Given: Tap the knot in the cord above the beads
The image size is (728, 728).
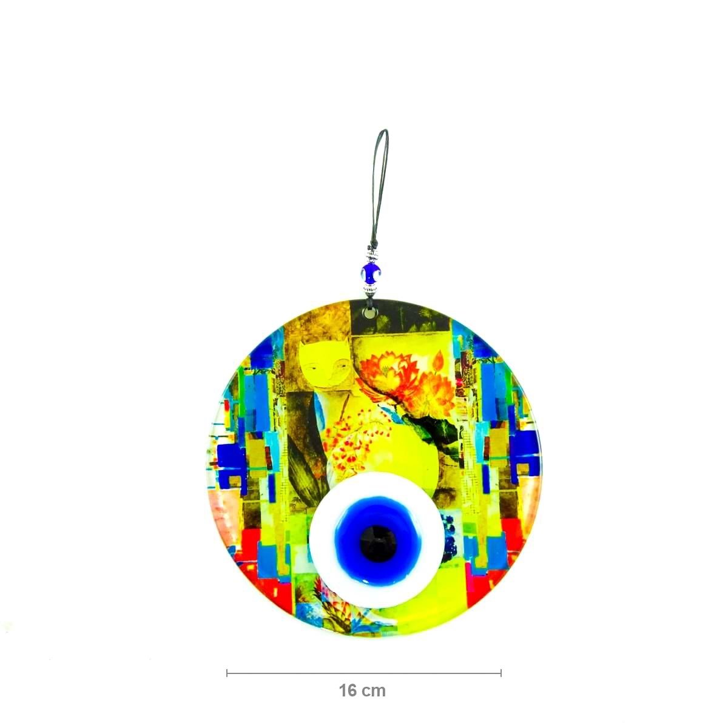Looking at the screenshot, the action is pos(371,240).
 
